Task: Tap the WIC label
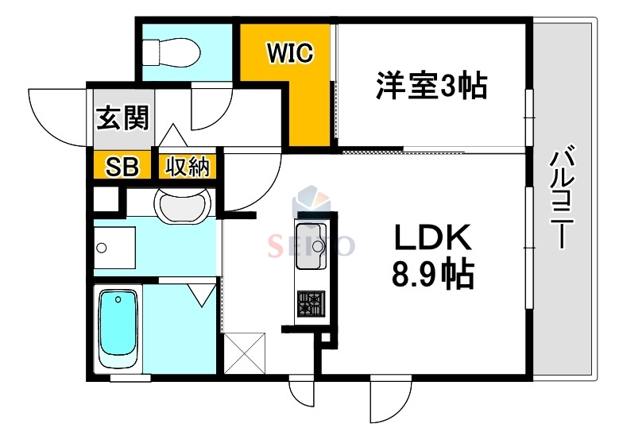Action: pos(290,53)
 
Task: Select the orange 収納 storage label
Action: pos(188,167)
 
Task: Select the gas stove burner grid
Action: pos(309,302)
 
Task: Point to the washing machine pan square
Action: pos(114,249)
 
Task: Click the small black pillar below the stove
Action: pos(324,340)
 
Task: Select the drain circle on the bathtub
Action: pos(118,299)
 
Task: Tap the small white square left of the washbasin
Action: pos(103,198)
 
